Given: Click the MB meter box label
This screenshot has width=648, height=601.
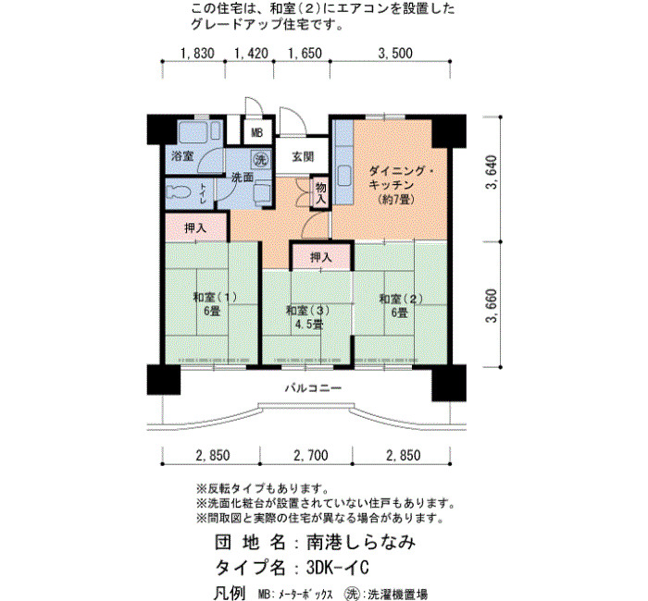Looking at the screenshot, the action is [x=257, y=133].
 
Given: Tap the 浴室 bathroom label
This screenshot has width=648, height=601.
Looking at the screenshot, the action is [x=182, y=156].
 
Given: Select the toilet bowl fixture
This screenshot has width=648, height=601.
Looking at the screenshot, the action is [x=179, y=192].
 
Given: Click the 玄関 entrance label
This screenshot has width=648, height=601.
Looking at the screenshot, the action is [x=303, y=157].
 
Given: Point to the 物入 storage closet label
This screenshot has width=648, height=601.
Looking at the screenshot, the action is [x=320, y=193].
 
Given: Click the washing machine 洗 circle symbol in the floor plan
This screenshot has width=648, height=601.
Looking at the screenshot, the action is [x=261, y=159].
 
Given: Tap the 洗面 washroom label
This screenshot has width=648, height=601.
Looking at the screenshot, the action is [x=243, y=178].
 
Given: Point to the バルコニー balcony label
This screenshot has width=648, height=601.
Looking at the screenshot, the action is [x=313, y=388].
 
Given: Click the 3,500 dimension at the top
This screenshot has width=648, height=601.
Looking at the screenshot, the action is [x=395, y=54].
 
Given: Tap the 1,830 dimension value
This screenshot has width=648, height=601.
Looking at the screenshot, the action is [x=197, y=54].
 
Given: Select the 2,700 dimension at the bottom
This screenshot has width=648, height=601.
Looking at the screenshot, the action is [x=311, y=455].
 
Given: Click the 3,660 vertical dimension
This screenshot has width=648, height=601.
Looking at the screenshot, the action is [x=492, y=305].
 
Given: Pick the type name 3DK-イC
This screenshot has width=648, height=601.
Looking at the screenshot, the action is [x=337, y=568].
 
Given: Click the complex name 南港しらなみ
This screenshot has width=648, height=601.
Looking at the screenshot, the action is [x=360, y=542].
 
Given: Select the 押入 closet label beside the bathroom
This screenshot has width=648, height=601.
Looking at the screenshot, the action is [x=195, y=227].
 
